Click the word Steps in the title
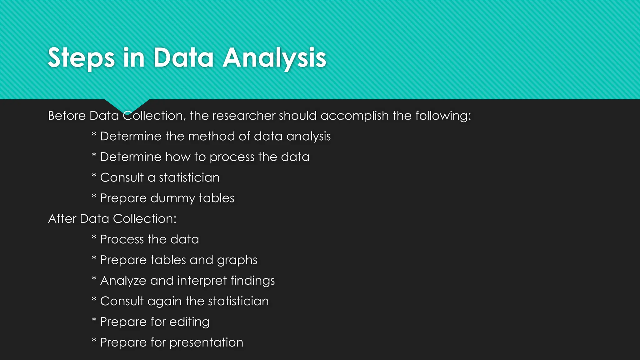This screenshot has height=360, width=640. coord(81,58)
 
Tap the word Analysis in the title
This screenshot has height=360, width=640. coord(274,58)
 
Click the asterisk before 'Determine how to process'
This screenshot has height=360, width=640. coord(94,155)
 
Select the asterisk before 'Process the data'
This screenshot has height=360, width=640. coord(94,238)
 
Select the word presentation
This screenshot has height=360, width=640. coord(206,342)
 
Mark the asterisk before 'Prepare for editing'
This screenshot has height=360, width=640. coord(94,320)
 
